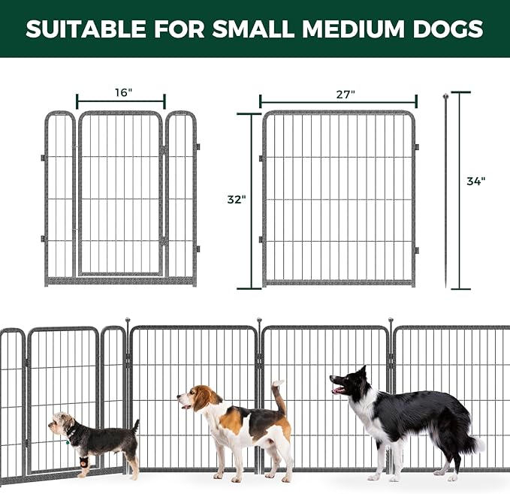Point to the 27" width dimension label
coord(346,94)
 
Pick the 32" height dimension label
coord(237,200)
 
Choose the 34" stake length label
coord(475,181)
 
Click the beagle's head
coord(199,398)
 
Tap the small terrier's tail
coord(135,426)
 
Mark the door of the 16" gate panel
coord(120,195)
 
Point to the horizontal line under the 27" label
coord(338,103)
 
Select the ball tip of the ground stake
coord(445,96)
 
